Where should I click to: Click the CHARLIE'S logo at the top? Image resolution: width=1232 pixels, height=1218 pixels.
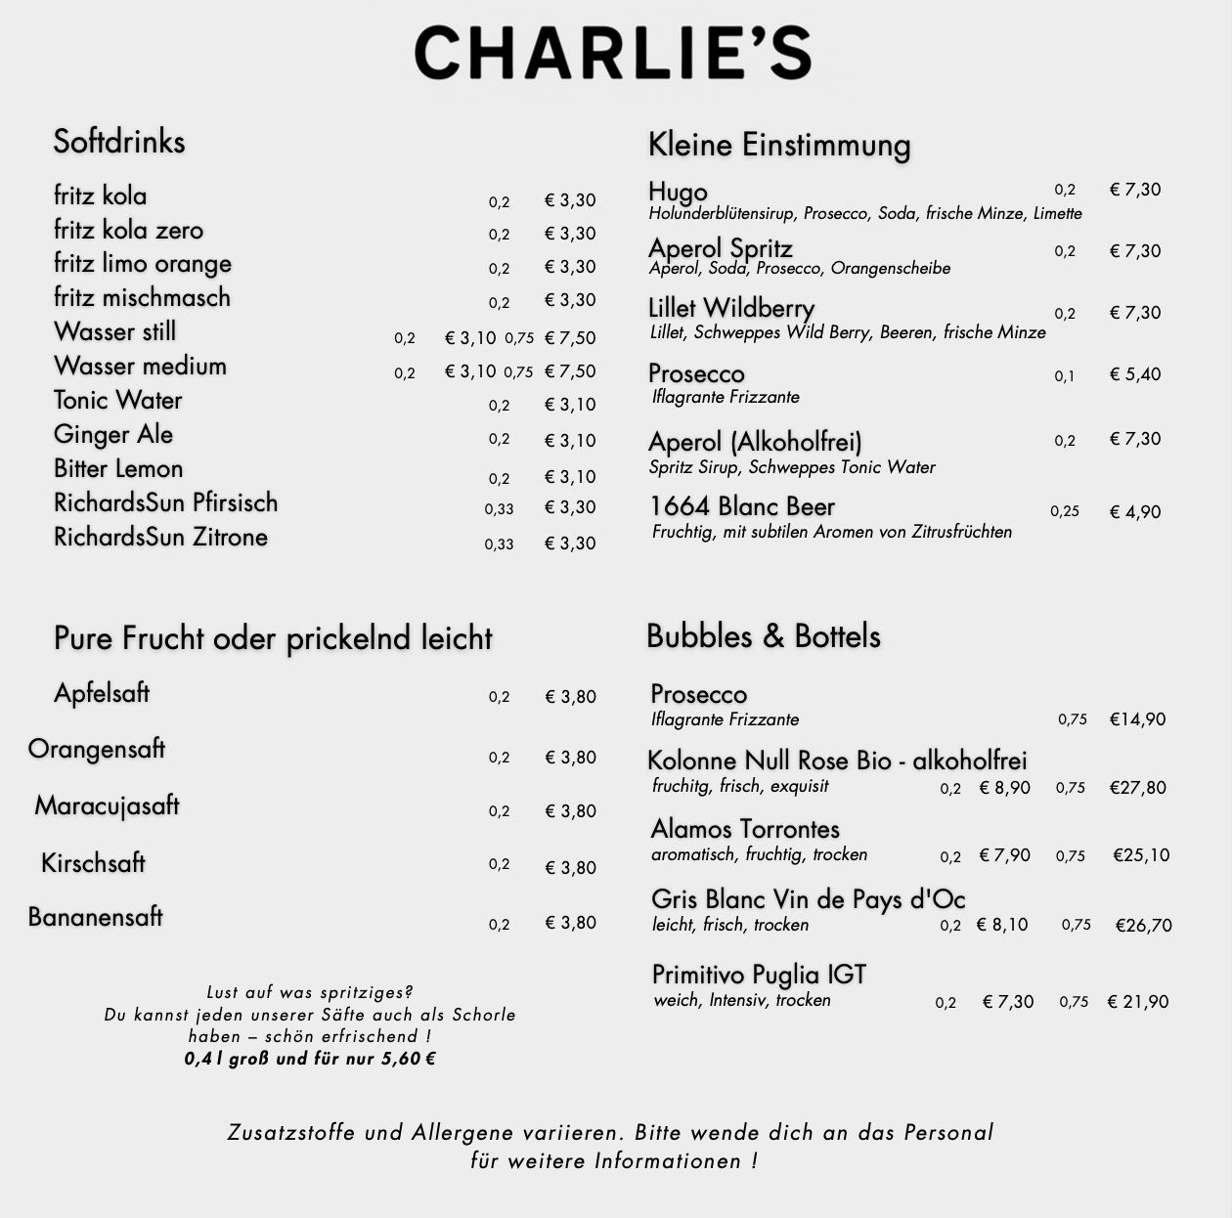click(613, 53)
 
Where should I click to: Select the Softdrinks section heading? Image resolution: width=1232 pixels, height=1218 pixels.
click(119, 142)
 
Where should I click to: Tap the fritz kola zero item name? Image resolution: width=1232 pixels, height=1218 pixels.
click(128, 231)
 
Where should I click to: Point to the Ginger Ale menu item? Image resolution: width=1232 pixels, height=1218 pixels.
click(113, 435)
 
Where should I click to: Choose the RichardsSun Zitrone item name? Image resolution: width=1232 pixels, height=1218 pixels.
click(160, 538)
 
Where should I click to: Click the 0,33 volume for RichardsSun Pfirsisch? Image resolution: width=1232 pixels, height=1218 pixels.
click(499, 509)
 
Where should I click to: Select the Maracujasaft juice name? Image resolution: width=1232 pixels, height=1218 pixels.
click(107, 806)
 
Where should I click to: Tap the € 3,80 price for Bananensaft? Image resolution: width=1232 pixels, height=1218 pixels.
click(570, 923)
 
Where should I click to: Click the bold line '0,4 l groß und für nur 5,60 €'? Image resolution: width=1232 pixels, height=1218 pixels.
click(310, 1059)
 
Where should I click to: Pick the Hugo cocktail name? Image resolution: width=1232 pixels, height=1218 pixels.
click(678, 192)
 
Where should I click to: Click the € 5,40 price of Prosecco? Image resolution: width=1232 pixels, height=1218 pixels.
click(1135, 374)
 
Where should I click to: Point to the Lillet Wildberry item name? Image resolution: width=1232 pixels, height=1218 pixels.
click(731, 309)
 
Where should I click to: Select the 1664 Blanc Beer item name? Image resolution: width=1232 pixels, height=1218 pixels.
click(742, 507)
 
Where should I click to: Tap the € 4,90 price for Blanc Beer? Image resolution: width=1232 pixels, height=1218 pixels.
click(1135, 512)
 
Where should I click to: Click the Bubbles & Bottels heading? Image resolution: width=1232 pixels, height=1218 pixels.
click(763, 636)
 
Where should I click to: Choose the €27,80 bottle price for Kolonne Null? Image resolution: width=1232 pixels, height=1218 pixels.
click(1137, 788)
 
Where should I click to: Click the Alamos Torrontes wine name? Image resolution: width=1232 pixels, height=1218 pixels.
click(745, 829)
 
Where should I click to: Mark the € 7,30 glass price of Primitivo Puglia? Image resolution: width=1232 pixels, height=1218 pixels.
click(1008, 1002)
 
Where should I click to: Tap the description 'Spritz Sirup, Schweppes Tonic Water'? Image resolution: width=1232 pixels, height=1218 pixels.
click(792, 467)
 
